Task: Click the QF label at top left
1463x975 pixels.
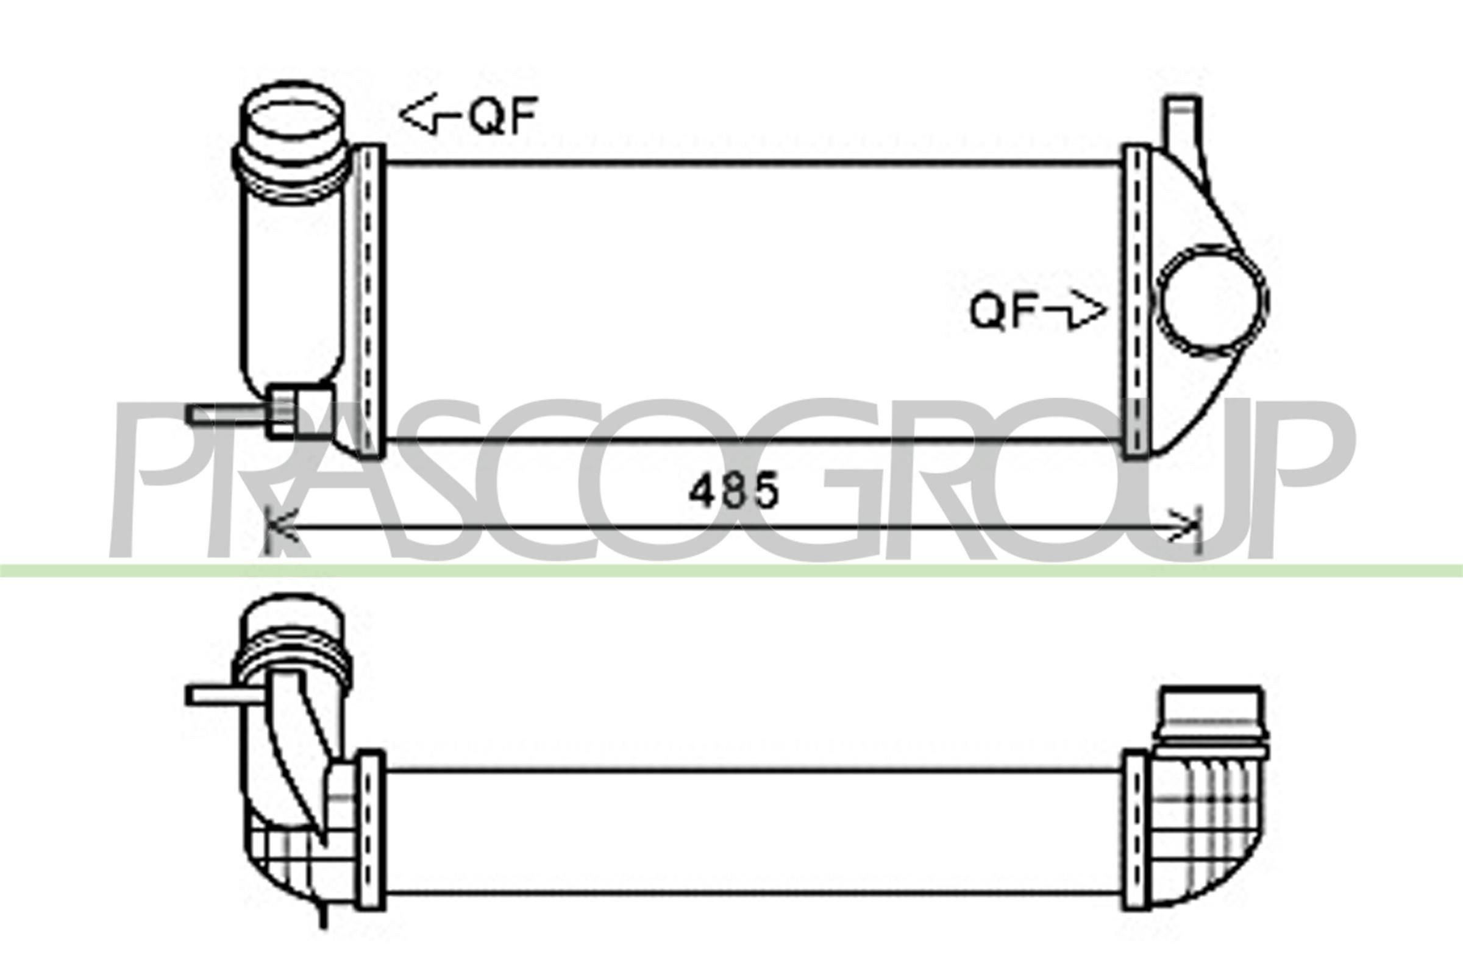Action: [x=502, y=116]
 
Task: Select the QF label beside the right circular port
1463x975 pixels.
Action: [x=1002, y=311]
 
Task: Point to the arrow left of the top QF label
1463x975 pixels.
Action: [x=429, y=115]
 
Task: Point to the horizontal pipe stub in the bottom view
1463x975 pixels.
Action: [x=224, y=695]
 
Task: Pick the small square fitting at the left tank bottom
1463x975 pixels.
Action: [x=300, y=410]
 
